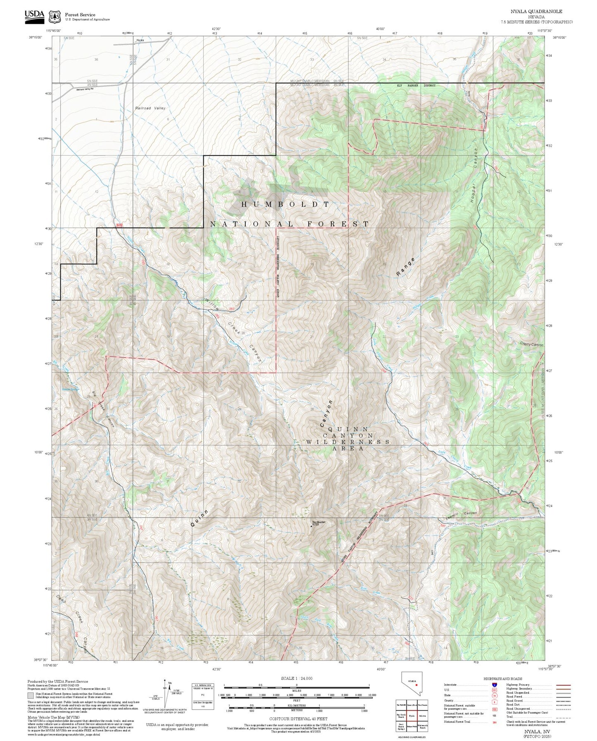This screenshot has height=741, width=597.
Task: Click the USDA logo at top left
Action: [34, 15]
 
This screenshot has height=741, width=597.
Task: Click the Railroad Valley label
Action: [150, 108]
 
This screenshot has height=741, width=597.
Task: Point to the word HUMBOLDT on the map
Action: [285, 204]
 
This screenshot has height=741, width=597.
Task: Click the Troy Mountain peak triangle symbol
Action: [311, 526]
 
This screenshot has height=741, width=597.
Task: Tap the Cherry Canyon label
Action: [531, 344]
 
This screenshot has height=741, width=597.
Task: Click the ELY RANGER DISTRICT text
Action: [416, 85]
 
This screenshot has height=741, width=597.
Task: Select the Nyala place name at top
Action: [140, 40]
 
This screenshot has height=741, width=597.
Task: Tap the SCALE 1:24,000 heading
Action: [296, 678]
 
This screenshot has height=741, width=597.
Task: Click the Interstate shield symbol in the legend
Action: [494, 685]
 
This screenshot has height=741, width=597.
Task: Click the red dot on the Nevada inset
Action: [416, 684]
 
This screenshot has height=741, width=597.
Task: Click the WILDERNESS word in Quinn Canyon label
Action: [348, 442]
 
